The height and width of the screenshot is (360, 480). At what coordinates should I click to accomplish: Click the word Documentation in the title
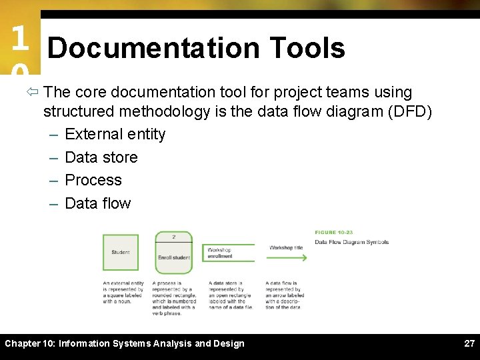pos(153,48)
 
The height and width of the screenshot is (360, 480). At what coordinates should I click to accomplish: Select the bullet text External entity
pos(115,134)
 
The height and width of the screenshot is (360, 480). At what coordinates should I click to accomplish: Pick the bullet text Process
pos(93,180)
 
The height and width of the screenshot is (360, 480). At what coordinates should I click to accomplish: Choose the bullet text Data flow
pos(97,203)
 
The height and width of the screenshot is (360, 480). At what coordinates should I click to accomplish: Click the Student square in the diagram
pos(121,253)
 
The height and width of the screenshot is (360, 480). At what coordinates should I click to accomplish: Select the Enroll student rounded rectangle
pos(173,257)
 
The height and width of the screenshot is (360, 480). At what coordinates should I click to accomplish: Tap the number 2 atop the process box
pos(173,237)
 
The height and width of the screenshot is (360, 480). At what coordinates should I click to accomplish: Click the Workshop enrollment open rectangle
pos(227,253)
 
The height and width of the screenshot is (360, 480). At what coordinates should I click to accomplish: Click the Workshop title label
pos(286,247)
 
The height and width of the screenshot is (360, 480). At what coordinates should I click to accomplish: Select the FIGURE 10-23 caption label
pos(334,233)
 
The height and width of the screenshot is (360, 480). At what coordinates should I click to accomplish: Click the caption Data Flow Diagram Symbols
pos(351,242)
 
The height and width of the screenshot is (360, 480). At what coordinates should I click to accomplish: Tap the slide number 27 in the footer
pos(469,343)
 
